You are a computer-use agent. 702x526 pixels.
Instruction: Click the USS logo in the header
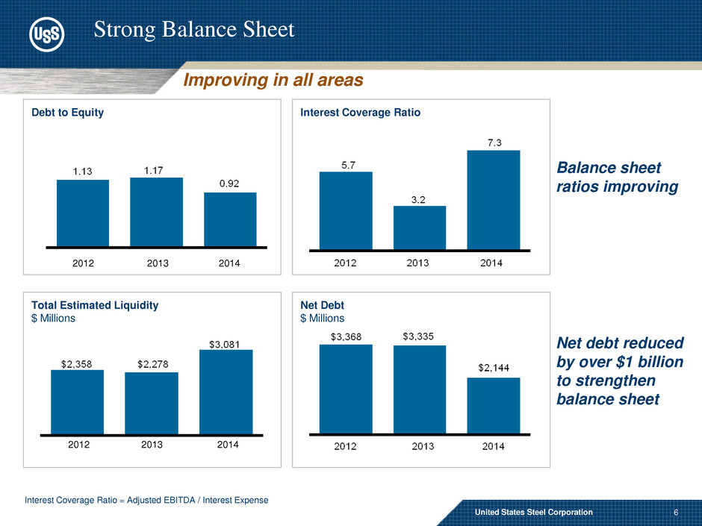[46, 34]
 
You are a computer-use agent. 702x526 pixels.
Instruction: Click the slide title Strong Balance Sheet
[194, 29]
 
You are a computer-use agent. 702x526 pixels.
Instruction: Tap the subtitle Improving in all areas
[273, 80]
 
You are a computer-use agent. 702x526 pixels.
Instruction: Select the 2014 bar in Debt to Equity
[230, 219]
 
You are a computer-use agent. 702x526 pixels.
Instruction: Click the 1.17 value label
[156, 170]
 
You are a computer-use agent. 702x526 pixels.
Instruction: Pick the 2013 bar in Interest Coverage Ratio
[420, 227]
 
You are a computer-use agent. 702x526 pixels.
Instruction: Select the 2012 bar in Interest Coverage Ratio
[346, 210]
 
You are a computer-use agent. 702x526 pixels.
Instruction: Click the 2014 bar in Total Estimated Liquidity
[226, 392]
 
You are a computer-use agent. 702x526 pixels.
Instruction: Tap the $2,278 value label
[152, 364]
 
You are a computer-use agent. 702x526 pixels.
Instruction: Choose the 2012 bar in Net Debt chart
[346, 389]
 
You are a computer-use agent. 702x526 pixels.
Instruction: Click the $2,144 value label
[494, 368]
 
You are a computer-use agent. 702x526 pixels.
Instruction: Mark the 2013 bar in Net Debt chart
[420, 389]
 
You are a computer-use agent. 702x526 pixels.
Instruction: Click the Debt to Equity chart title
[67, 112]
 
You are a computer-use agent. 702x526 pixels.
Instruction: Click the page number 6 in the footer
[675, 513]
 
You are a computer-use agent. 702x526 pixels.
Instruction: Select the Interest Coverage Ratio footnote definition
[146, 500]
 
